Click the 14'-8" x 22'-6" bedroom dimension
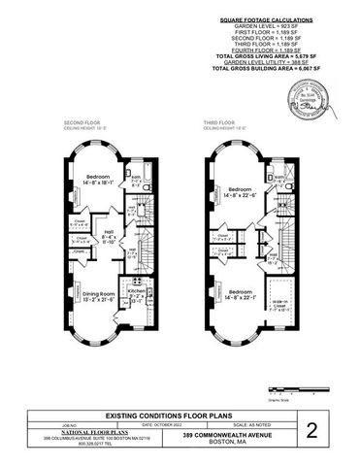(241, 195)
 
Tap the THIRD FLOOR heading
(220, 122)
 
